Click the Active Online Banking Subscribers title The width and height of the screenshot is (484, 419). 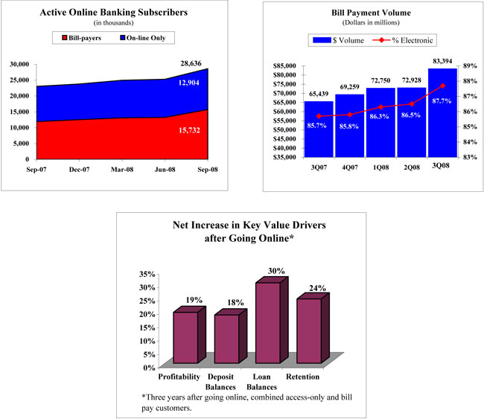tap(113, 12)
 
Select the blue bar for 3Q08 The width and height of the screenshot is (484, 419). tap(443, 112)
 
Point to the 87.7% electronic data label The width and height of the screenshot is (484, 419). tap(442, 100)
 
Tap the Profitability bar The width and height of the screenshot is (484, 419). tap(186, 337)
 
